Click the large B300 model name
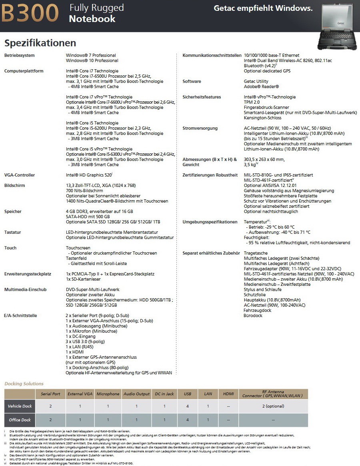tap(31, 13)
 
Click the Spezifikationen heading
tap(40, 43)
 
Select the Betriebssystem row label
tap(20, 55)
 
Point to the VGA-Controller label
tap(20, 175)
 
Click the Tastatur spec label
tap(12, 232)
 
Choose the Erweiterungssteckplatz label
tap(28, 274)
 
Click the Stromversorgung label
tap(200, 128)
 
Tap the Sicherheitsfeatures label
tap(202, 97)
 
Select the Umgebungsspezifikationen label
tap(210, 222)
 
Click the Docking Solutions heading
tap(24, 384)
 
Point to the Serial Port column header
tap(50, 394)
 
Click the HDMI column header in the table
tap(228, 394)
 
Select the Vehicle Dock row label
tap(20, 406)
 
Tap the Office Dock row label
tap(20, 420)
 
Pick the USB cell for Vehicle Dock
tap(187, 406)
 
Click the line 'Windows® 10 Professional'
tap(92, 60)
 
